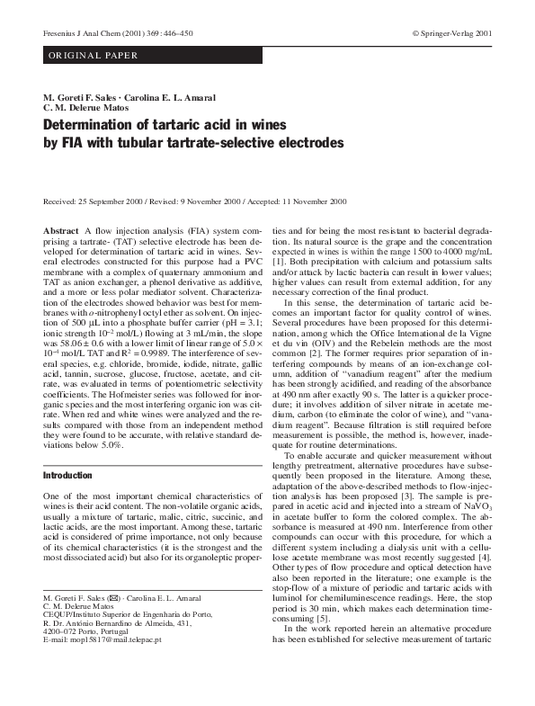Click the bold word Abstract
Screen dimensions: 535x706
60,232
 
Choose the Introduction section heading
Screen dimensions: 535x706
67,475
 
